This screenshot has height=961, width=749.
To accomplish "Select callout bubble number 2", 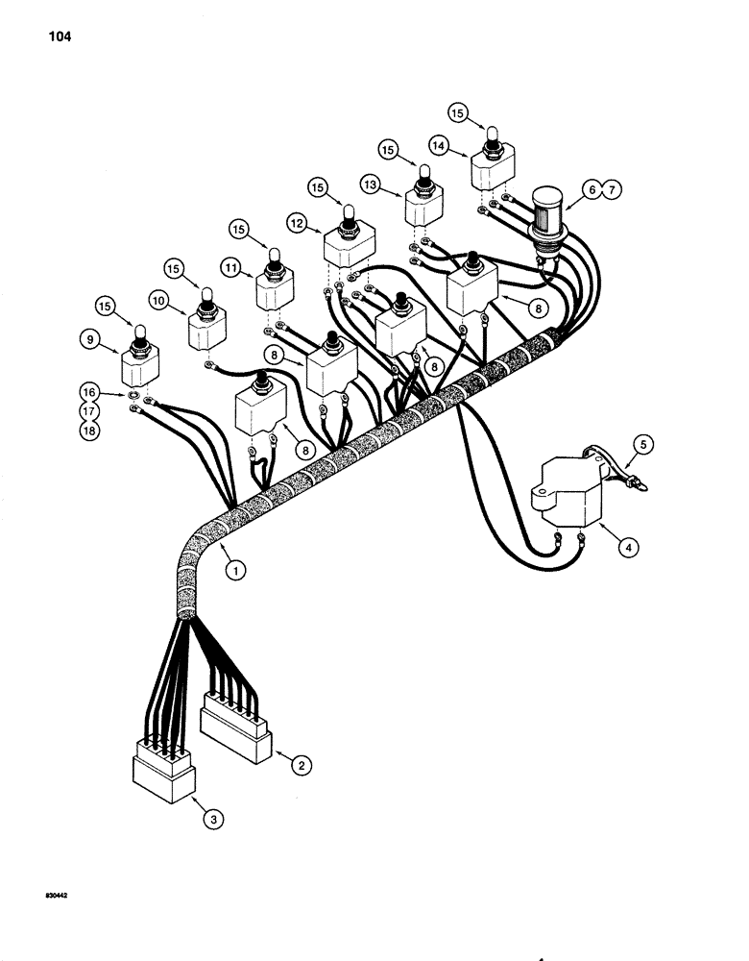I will (x=302, y=766).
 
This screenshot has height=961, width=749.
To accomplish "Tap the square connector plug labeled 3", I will (x=163, y=774).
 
